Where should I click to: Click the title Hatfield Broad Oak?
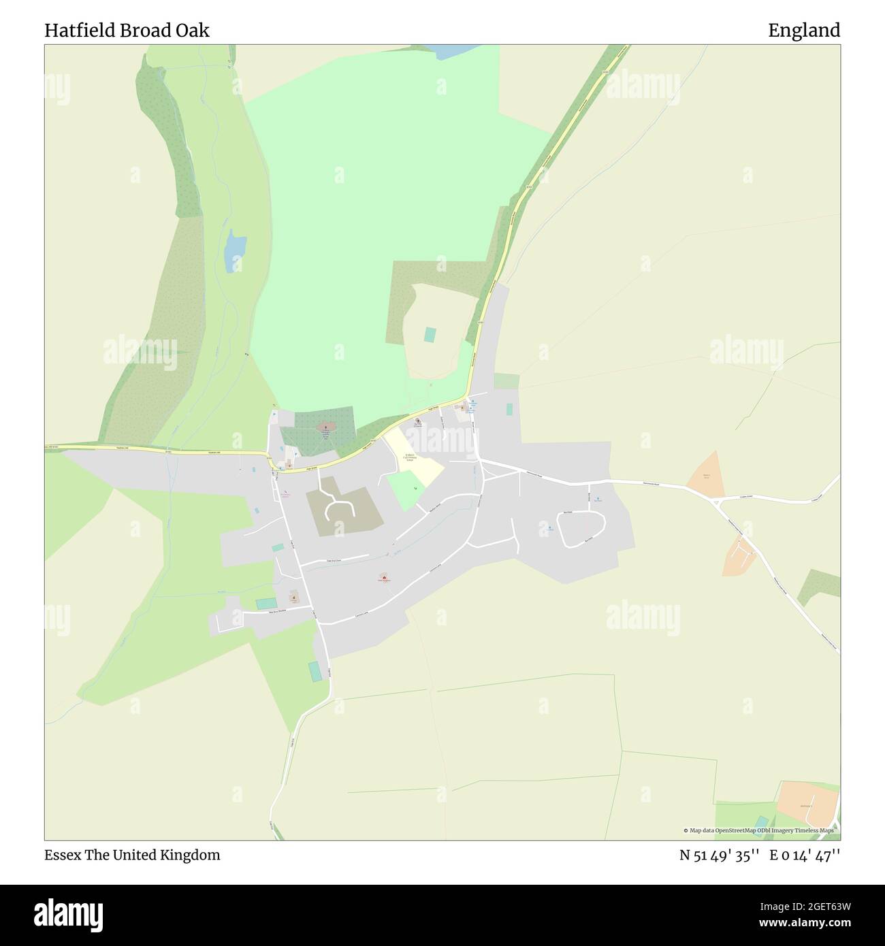click(127, 31)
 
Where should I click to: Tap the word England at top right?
click(804, 31)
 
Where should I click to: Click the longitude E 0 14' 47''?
click(805, 855)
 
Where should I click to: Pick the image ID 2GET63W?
click(803, 906)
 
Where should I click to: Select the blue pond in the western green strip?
click(235, 248)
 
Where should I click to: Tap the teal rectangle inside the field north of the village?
click(429, 335)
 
